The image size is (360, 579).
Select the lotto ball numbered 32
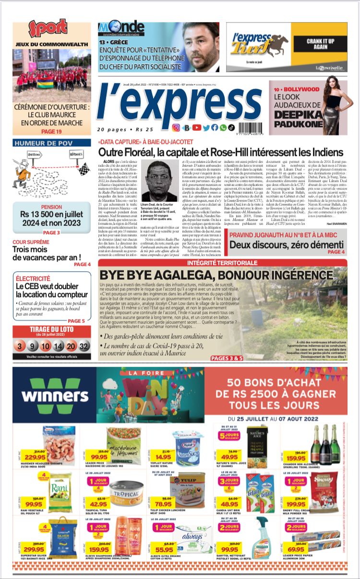coord(84,346)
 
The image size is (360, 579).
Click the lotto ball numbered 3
coord(20,346)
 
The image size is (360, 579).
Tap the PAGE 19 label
coord(51,132)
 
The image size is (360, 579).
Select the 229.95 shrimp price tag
coord(35,457)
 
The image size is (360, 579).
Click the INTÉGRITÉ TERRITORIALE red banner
coord(222,263)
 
